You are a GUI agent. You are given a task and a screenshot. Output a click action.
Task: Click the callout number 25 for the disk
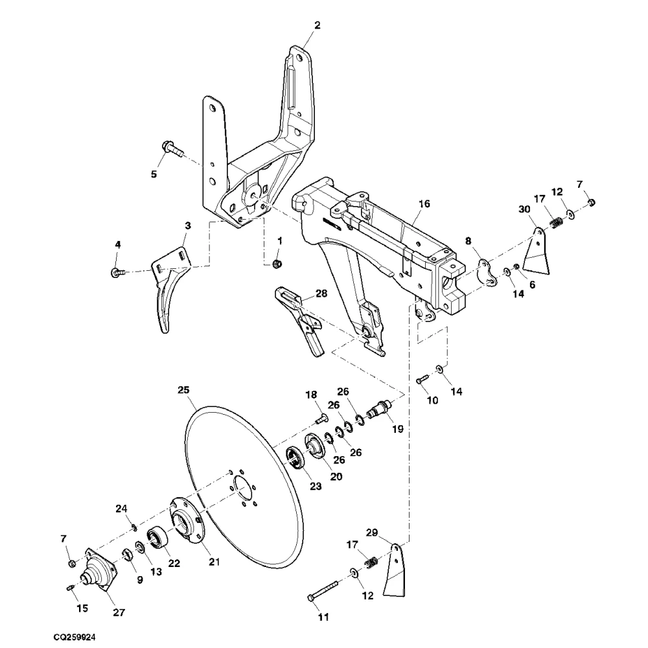(x=183, y=390)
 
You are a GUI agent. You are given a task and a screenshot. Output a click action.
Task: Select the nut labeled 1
(x=277, y=263)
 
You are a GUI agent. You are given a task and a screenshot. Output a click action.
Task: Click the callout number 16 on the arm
(x=424, y=203)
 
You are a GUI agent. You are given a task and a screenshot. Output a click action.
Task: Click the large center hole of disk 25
(x=243, y=487)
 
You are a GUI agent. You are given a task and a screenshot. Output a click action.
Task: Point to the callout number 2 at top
(x=317, y=25)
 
